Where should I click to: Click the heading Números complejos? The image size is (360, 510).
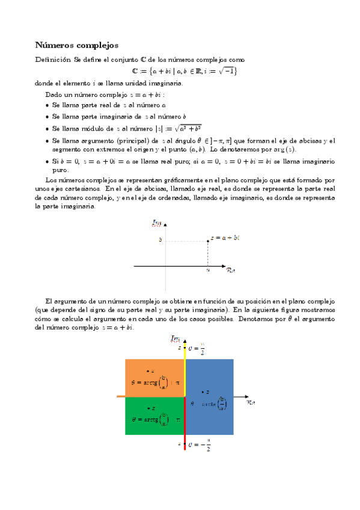pyautogui.click(x=76, y=45)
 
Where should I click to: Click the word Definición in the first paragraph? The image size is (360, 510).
pyautogui.click(x=53, y=60)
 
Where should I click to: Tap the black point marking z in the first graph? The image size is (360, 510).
pyautogui.click(x=208, y=239)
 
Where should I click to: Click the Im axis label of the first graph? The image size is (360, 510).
pyautogui.click(x=157, y=224)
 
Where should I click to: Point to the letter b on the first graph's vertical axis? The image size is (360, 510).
pyautogui.click(x=160, y=239)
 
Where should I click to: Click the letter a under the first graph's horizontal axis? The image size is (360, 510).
pyautogui.click(x=208, y=271)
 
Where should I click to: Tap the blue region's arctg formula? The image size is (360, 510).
pyautogui.click(x=213, y=404)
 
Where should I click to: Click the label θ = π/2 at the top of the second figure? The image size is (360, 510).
pyautogui.click(x=199, y=348)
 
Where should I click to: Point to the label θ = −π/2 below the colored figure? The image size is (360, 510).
pyautogui.click(x=199, y=446)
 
